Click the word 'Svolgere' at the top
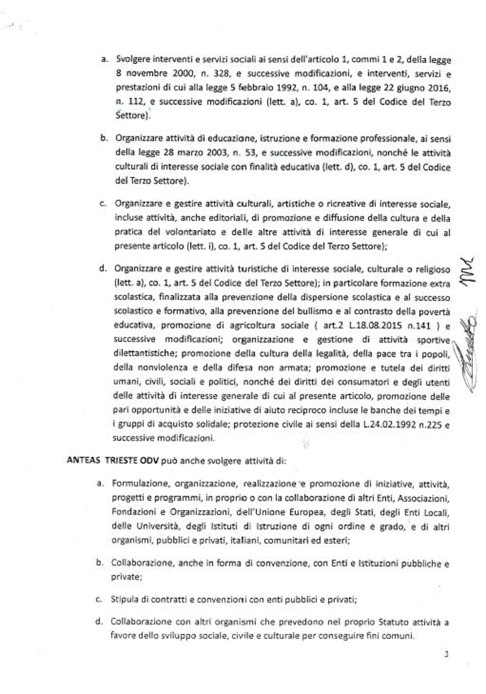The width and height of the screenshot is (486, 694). (x=132, y=60)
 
